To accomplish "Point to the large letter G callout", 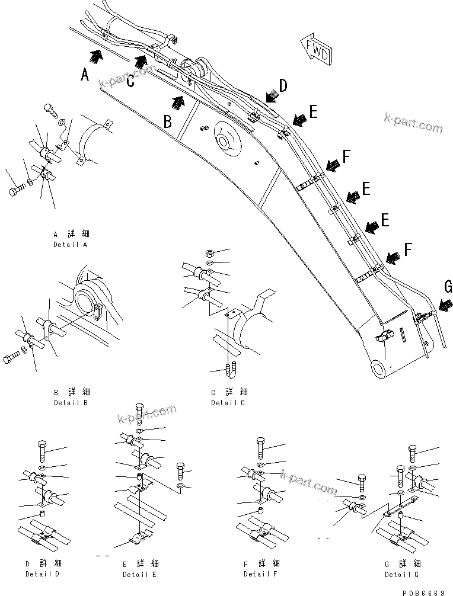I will point(448,287).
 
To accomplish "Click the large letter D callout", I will point(283,86).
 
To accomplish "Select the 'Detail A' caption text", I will point(71,244).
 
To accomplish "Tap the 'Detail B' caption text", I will point(71,402).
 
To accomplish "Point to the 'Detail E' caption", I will point(140,574).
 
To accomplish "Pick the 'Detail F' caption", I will point(260,574).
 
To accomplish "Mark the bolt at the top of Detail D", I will point(42,451).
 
